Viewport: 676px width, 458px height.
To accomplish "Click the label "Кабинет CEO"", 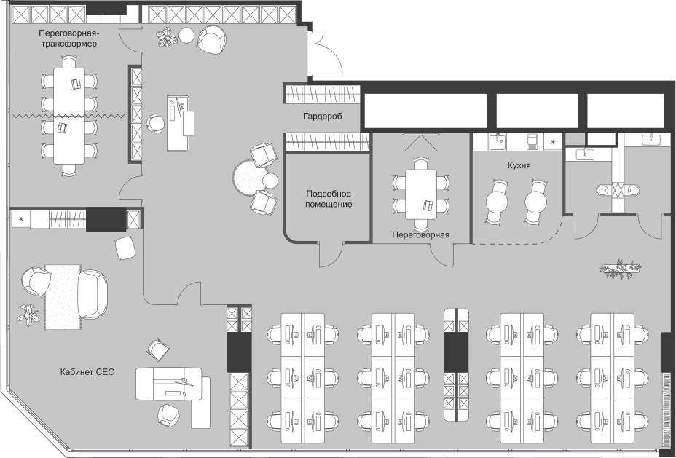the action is point(87,371).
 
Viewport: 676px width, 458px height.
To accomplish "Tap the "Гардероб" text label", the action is point(323,117).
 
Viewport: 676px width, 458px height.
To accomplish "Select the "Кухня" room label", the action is point(519,165).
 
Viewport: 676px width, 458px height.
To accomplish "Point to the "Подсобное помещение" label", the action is point(329,199).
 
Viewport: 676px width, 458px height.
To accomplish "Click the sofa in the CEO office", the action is point(92,294).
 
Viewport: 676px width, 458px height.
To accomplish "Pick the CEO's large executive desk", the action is point(169,384).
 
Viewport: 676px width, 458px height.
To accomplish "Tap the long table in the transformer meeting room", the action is point(69,116).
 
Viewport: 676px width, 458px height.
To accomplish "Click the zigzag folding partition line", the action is point(69,116).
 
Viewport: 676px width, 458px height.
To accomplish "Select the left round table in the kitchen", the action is point(497,202).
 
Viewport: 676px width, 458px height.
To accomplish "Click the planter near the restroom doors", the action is point(620,269).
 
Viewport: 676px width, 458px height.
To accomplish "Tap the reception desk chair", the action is point(155,123).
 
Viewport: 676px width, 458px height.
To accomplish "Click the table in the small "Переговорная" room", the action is point(421,194).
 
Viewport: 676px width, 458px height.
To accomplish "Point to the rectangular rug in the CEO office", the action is point(63,297).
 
